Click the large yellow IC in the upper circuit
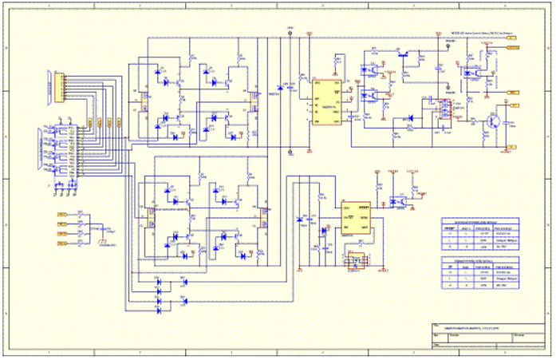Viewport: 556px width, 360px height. (327, 101)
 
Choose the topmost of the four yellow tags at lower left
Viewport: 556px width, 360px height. (61, 215)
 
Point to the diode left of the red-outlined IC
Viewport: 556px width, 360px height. (410, 118)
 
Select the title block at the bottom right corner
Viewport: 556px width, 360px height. (487, 335)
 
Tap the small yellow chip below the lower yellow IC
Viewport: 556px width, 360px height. (355, 260)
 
